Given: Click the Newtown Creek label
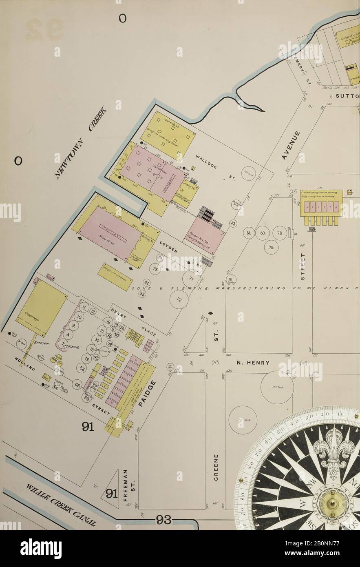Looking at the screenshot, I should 80,143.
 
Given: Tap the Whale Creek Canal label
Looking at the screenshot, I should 62,505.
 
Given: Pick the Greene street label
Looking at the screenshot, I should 216,467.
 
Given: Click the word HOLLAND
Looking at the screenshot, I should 25,364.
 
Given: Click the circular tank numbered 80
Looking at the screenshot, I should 263,233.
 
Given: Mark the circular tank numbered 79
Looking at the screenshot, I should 271,247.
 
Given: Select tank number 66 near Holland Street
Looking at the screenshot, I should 77,384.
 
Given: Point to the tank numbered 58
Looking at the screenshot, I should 82,368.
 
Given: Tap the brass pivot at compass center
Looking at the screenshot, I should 333,505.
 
